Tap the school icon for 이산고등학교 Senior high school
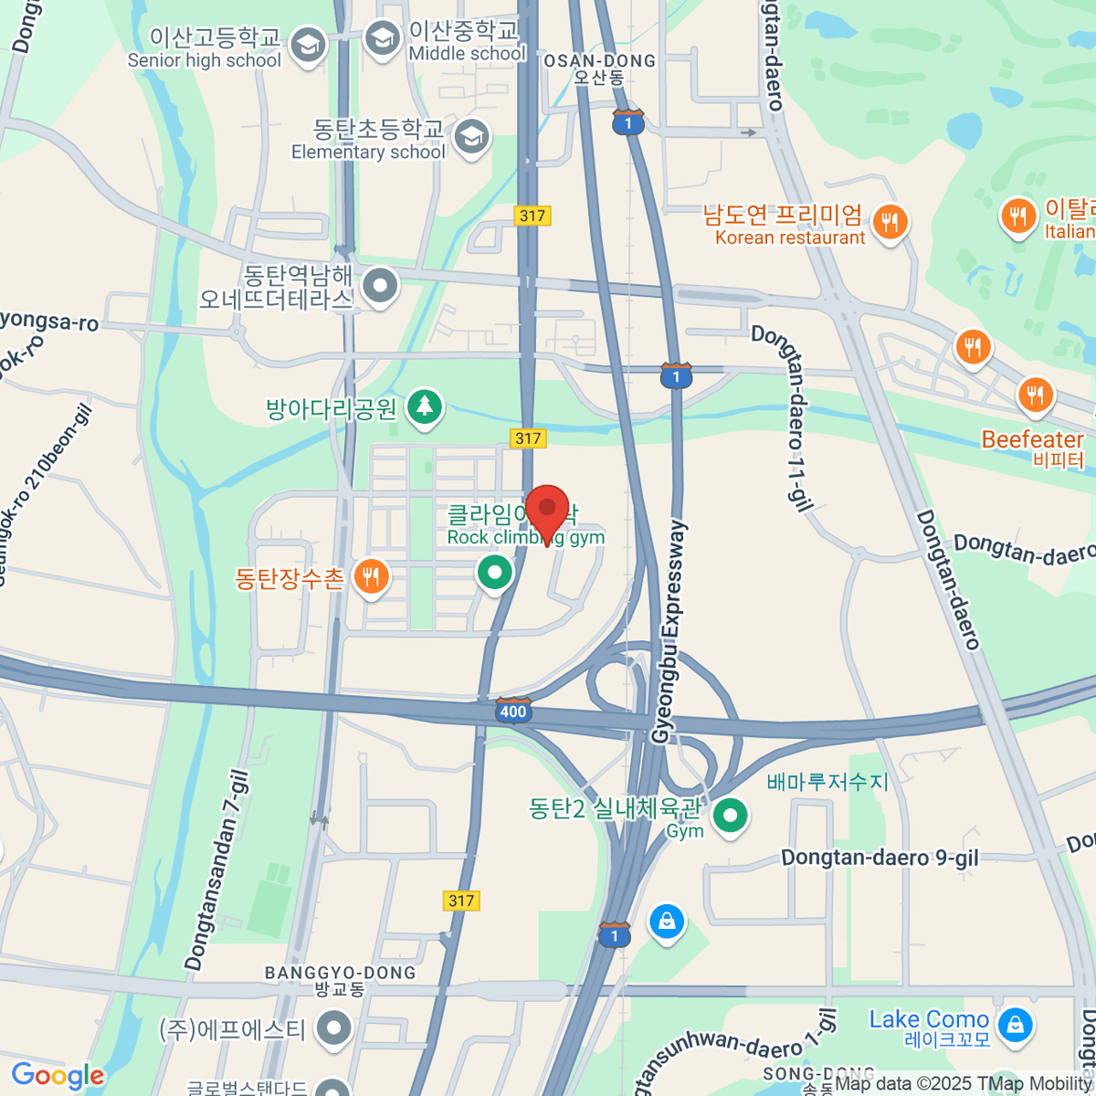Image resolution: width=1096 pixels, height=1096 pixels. [308, 44]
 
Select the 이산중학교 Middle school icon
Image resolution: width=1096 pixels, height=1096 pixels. [382, 38]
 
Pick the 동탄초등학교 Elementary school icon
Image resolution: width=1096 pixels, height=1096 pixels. [471, 137]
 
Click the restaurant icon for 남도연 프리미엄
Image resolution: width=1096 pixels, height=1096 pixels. [889, 220]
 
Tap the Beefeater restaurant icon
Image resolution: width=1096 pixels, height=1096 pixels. [1035, 395]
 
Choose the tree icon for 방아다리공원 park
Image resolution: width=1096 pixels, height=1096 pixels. [424, 405]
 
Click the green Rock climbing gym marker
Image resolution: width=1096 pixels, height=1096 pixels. [494, 574]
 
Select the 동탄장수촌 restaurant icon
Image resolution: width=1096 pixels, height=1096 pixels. [371, 576]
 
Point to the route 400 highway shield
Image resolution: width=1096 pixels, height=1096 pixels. [513, 711]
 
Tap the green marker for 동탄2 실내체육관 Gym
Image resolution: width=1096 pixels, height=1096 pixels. [729, 815]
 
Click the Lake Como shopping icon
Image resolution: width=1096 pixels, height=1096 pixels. [1015, 1025]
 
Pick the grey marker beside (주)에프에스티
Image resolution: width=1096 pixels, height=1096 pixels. [334, 1028]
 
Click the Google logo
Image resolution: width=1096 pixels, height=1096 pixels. [58, 1076]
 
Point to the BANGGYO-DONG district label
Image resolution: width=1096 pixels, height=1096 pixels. [340, 974]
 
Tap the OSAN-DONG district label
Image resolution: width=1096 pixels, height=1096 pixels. [599, 61]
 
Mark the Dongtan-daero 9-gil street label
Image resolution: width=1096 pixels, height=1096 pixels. [880, 858]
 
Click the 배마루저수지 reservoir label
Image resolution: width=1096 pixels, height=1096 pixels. [827, 782]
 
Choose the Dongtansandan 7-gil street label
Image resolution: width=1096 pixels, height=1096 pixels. [216, 870]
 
